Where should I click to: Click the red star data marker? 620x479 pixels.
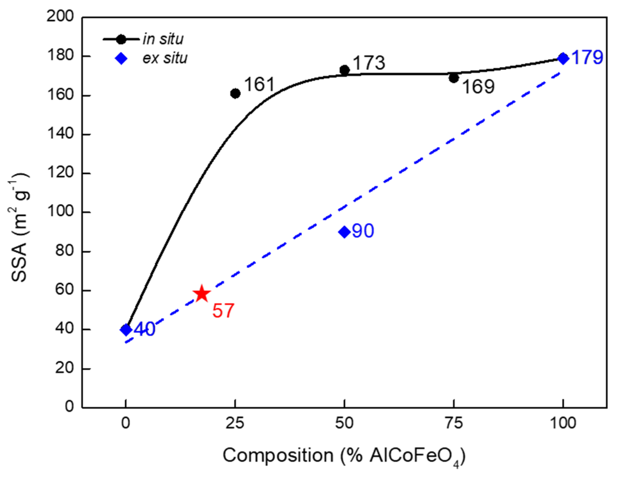202,294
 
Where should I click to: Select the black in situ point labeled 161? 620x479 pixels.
235,93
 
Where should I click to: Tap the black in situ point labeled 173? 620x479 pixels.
344,70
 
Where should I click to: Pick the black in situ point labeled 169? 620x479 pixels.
454,78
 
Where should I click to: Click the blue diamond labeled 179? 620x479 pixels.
563,58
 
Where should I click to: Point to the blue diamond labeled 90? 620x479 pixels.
344,232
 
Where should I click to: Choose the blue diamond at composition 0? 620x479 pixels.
126,329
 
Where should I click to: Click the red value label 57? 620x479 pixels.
223,310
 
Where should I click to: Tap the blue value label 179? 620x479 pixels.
587,58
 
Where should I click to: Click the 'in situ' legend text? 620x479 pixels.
163,39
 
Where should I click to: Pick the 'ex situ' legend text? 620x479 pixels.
165,58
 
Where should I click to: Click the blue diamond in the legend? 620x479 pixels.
121,59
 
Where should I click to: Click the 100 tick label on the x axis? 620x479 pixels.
563,423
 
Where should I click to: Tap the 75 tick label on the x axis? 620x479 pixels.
454,423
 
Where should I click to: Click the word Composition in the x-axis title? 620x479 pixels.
278,456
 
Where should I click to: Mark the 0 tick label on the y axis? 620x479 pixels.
70,407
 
